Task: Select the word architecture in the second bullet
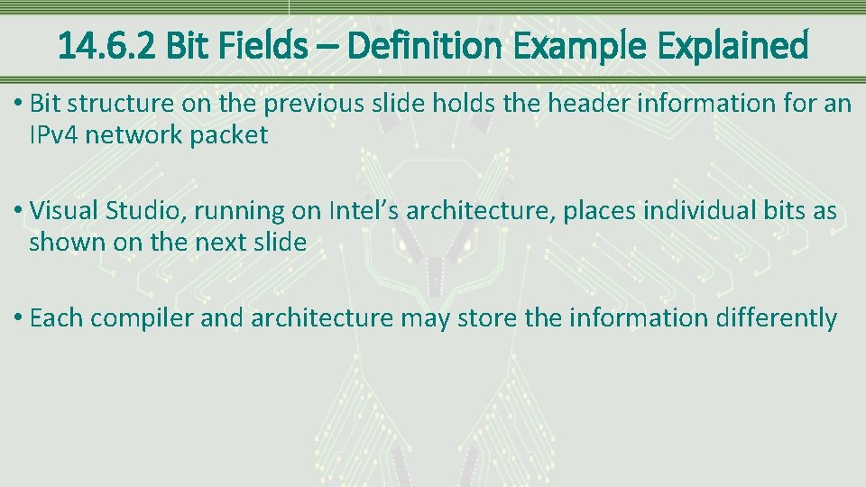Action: pos(474,211)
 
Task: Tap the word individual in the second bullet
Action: pos(685,211)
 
